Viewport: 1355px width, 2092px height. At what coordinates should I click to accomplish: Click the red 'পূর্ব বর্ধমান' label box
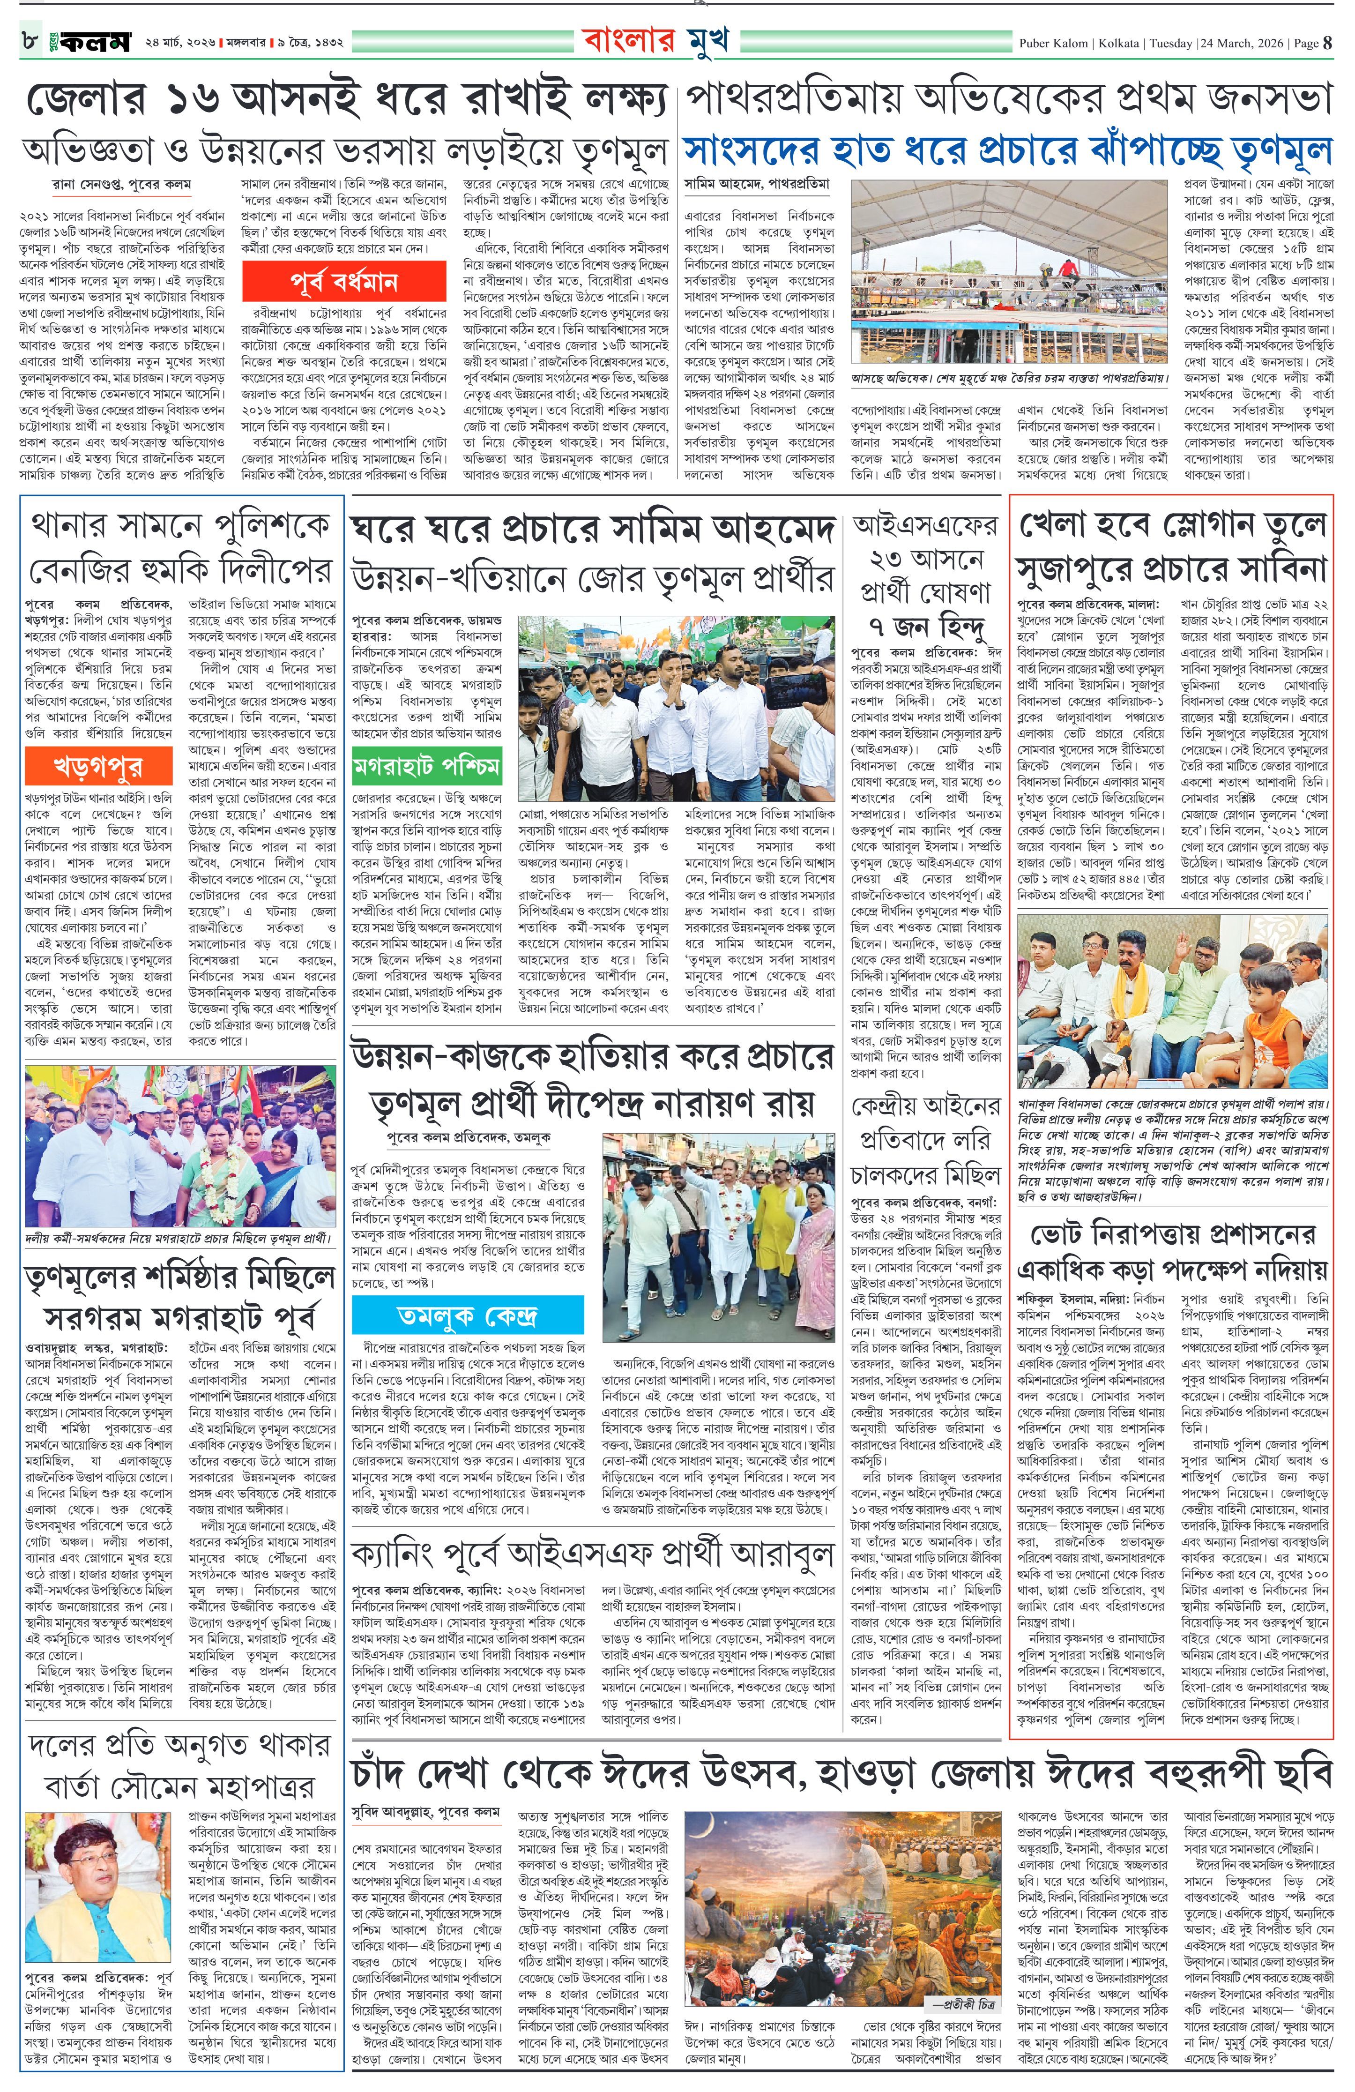343,282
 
